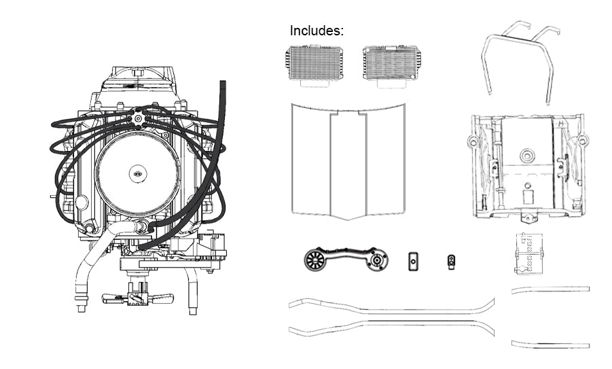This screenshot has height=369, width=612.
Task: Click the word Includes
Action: [317, 31]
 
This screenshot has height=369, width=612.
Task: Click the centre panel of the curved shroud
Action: [348, 163]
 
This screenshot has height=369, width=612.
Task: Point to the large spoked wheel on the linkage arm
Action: [318, 260]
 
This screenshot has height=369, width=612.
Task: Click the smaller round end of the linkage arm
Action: [377, 260]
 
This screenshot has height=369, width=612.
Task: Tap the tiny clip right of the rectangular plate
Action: [451, 261]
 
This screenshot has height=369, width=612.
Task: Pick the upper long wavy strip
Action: [391, 306]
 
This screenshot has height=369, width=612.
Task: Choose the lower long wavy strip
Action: [391, 328]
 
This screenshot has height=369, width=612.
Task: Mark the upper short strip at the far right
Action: [550, 289]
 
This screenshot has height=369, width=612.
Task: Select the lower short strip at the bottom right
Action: [550, 344]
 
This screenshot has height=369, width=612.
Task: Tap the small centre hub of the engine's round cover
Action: [137, 174]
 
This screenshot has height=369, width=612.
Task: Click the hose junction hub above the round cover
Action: [139, 118]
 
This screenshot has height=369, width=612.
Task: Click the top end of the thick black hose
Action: [222, 84]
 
